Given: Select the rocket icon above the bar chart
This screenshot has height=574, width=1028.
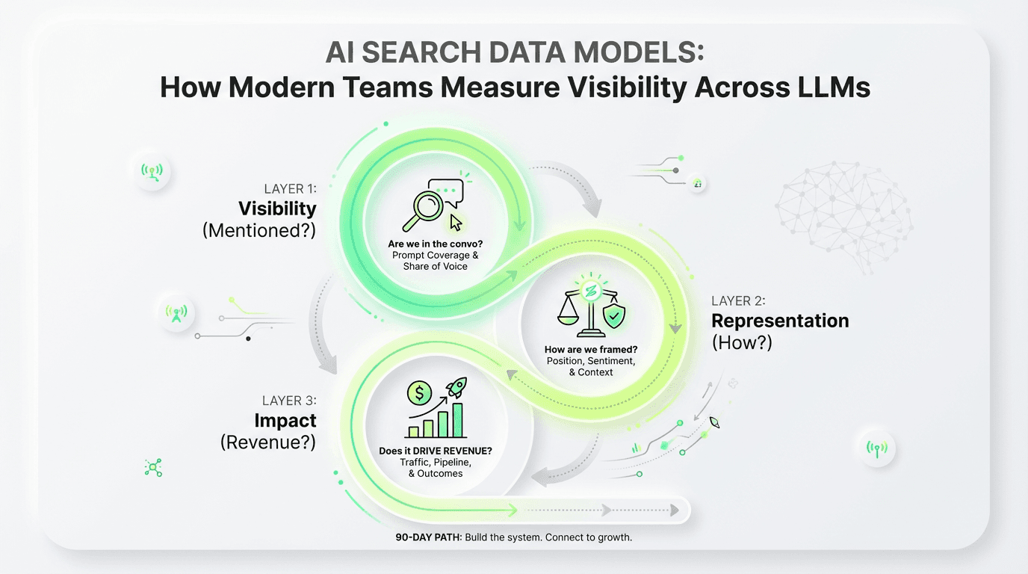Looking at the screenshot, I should [x=456, y=389].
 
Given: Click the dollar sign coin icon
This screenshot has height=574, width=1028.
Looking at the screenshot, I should [x=420, y=392].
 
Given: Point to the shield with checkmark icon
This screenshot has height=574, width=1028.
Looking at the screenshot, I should [x=614, y=315].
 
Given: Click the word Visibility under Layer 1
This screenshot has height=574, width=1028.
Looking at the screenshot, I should [x=277, y=209].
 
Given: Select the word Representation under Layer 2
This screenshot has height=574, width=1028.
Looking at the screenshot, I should [x=780, y=321].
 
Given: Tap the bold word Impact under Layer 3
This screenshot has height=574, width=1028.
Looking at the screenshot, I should [x=285, y=420].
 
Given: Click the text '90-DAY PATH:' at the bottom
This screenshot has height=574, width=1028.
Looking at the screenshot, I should [x=429, y=537].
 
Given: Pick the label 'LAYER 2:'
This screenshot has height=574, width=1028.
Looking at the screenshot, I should [x=738, y=300].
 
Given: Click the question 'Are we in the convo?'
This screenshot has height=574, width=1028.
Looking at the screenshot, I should [x=434, y=244].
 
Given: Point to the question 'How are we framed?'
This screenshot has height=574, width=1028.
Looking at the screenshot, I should [x=590, y=350].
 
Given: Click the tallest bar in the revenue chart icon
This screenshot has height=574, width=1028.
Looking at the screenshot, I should [x=457, y=420].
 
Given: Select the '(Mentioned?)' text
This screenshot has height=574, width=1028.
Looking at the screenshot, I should [x=259, y=231].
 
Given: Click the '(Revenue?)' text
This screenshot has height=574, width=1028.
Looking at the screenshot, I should [x=268, y=442].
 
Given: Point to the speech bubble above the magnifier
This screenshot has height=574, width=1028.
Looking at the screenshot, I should [x=450, y=192].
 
